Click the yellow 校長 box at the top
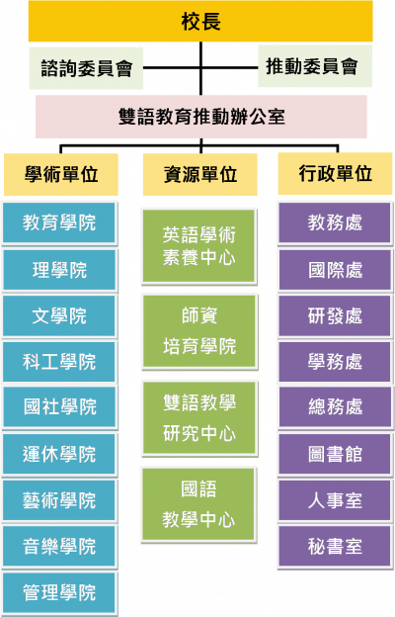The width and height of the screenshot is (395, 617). pyautogui.click(x=200, y=21)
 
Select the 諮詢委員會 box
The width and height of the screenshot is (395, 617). pyautogui.click(x=86, y=68)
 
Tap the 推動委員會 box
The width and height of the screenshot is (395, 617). pyautogui.click(x=315, y=65)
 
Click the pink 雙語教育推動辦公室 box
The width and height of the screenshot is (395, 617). pyautogui.click(x=201, y=117)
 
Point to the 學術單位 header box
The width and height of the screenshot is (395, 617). pyautogui.click(x=61, y=174)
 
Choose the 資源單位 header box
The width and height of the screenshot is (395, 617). pyautogui.click(x=200, y=174)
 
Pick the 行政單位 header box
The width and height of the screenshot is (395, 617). pyautogui.click(x=336, y=174)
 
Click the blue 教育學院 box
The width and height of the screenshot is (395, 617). pyautogui.click(x=59, y=223)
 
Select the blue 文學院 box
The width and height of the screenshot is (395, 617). pyautogui.click(x=59, y=316)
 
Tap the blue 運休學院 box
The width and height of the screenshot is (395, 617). pyautogui.click(x=59, y=455)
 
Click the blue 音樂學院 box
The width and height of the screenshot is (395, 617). pyautogui.click(x=59, y=547)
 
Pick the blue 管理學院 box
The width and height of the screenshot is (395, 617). pyautogui.click(x=59, y=592)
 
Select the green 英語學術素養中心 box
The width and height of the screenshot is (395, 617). pyautogui.click(x=199, y=246)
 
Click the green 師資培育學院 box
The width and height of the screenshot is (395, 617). pyautogui.click(x=199, y=331)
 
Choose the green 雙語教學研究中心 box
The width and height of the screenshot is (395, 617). pyautogui.click(x=199, y=418)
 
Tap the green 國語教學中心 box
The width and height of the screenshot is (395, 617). pyautogui.click(x=198, y=505)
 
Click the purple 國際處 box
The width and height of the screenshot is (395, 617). pyautogui.click(x=336, y=270)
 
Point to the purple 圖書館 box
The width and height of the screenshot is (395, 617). pyautogui.click(x=336, y=455)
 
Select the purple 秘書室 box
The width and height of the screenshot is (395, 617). pyautogui.click(x=336, y=547)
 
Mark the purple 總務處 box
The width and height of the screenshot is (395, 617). pyautogui.click(x=336, y=407)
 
